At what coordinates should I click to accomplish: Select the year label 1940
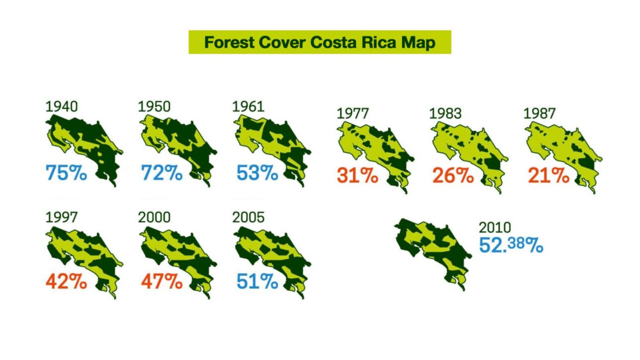click(62, 107)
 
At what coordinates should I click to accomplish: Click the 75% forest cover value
click(66, 173)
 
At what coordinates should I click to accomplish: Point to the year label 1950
click(154, 107)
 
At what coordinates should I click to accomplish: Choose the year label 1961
click(249, 107)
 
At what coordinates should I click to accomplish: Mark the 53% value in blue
click(257, 173)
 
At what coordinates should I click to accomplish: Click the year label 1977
click(353, 114)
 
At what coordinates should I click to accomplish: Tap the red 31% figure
click(357, 176)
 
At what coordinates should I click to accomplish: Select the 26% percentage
click(452, 176)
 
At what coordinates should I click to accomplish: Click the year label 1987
click(539, 114)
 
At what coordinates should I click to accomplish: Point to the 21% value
click(548, 176)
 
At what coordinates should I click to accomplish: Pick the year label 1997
click(62, 217)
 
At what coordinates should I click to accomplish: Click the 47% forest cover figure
click(162, 282)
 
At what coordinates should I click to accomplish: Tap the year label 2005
click(249, 217)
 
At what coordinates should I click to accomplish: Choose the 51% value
click(257, 282)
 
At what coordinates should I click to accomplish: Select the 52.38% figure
click(511, 245)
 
